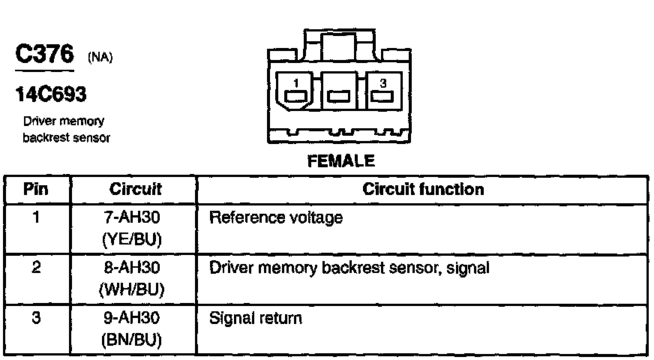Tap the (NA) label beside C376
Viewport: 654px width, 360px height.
(100, 58)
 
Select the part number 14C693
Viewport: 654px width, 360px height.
(50, 94)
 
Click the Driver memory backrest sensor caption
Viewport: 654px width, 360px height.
(66, 129)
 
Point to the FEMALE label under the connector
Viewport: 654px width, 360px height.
(340, 160)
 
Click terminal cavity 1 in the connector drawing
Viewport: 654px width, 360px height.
(297, 91)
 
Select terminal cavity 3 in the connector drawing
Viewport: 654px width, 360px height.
(383, 91)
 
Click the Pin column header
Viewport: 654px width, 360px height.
(36, 190)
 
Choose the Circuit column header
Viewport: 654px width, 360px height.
(136, 190)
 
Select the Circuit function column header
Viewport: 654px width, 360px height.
(423, 190)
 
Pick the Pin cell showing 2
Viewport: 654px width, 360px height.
(36, 268)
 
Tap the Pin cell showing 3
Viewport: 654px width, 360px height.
(36, 318)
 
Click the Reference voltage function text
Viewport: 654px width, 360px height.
(275, 218)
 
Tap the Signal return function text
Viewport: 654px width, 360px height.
(256, 319)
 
